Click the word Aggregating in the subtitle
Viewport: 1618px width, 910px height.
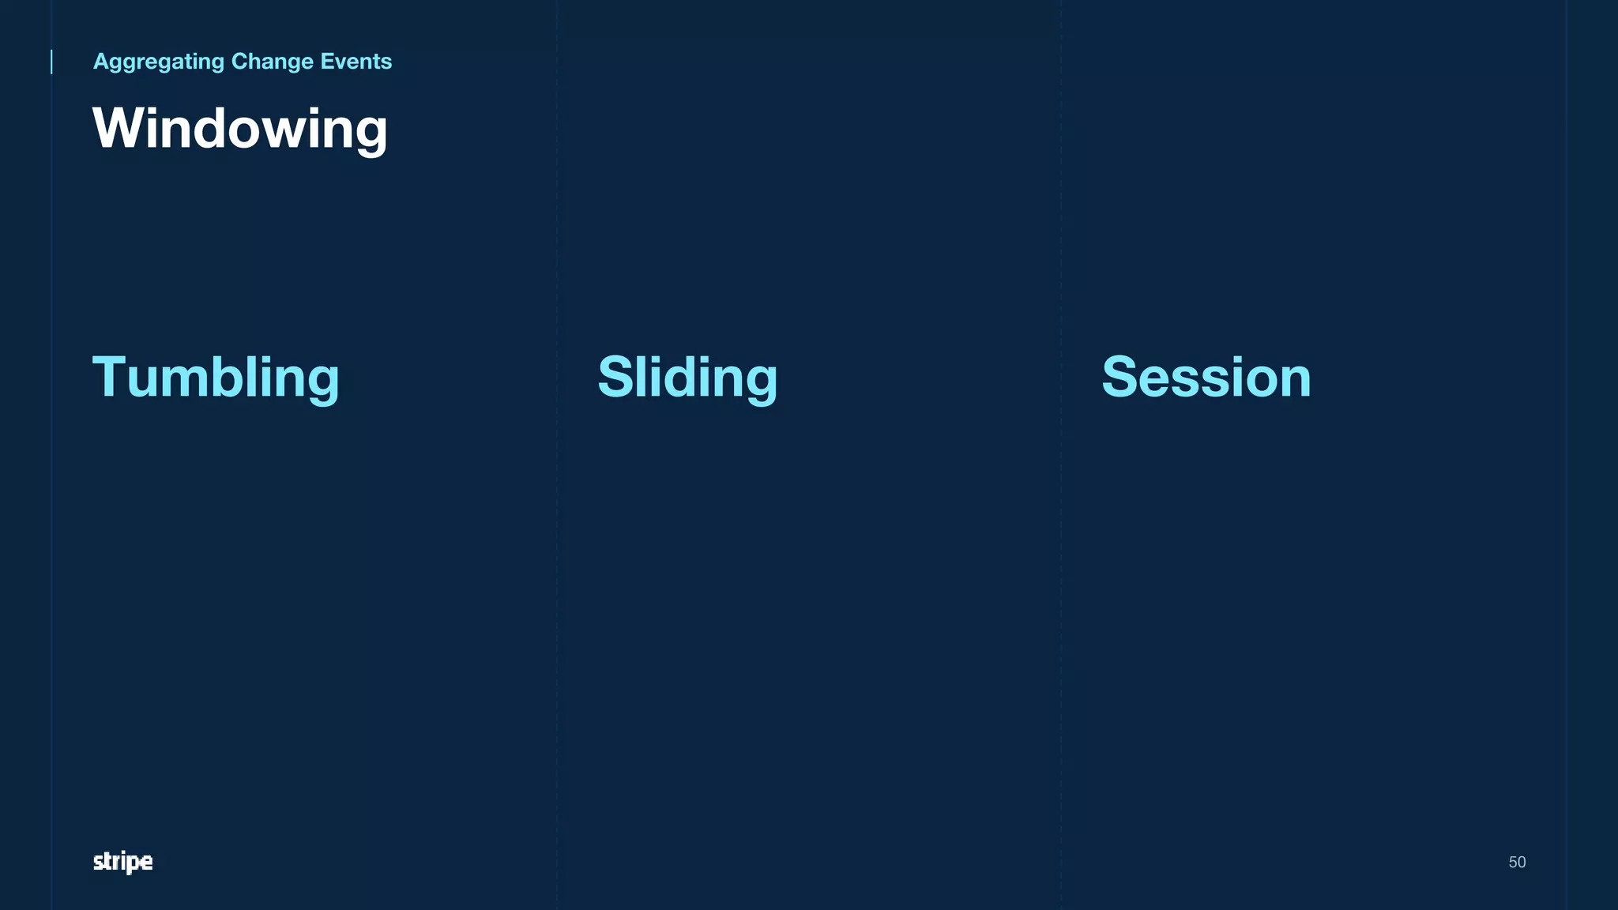[x=159, y=62]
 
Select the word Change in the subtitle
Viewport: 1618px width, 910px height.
[x=272, y=62]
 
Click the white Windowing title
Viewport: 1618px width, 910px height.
[x=240, y=129]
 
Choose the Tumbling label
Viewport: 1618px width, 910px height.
[x=216, y=378]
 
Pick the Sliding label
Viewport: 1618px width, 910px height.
[x=687, y=378]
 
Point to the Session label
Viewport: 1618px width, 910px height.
[x=1206, y=378]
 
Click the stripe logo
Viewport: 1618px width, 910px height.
[x=122, y=862]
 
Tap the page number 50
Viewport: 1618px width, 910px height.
[x=1517, y=862]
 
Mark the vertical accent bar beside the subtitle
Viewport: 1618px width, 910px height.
[x=52, y=62]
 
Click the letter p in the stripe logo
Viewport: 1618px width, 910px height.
[x=132, y=863]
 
